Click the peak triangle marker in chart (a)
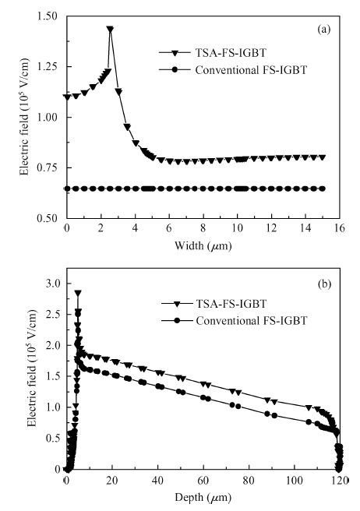(110, 30)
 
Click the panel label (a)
(324, 30)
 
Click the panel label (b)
(324, 284)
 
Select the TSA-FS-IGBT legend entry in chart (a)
(213, 53)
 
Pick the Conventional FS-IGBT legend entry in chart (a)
(233, 70)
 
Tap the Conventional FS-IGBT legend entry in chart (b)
(235, 321)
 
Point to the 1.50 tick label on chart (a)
(48, 16)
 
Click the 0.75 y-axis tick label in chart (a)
(48, 167)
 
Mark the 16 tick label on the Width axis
(339, 227)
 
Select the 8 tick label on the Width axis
(203, 227)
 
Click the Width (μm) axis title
(203, 245)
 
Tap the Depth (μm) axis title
(203, 497)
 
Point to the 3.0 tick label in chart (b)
(54, 284)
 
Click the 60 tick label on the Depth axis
(203, 480)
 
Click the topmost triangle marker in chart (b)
(78, 293)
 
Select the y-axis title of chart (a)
(24, 117)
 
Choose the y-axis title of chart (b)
(32, 368)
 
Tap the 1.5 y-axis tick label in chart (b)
(54, 376)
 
